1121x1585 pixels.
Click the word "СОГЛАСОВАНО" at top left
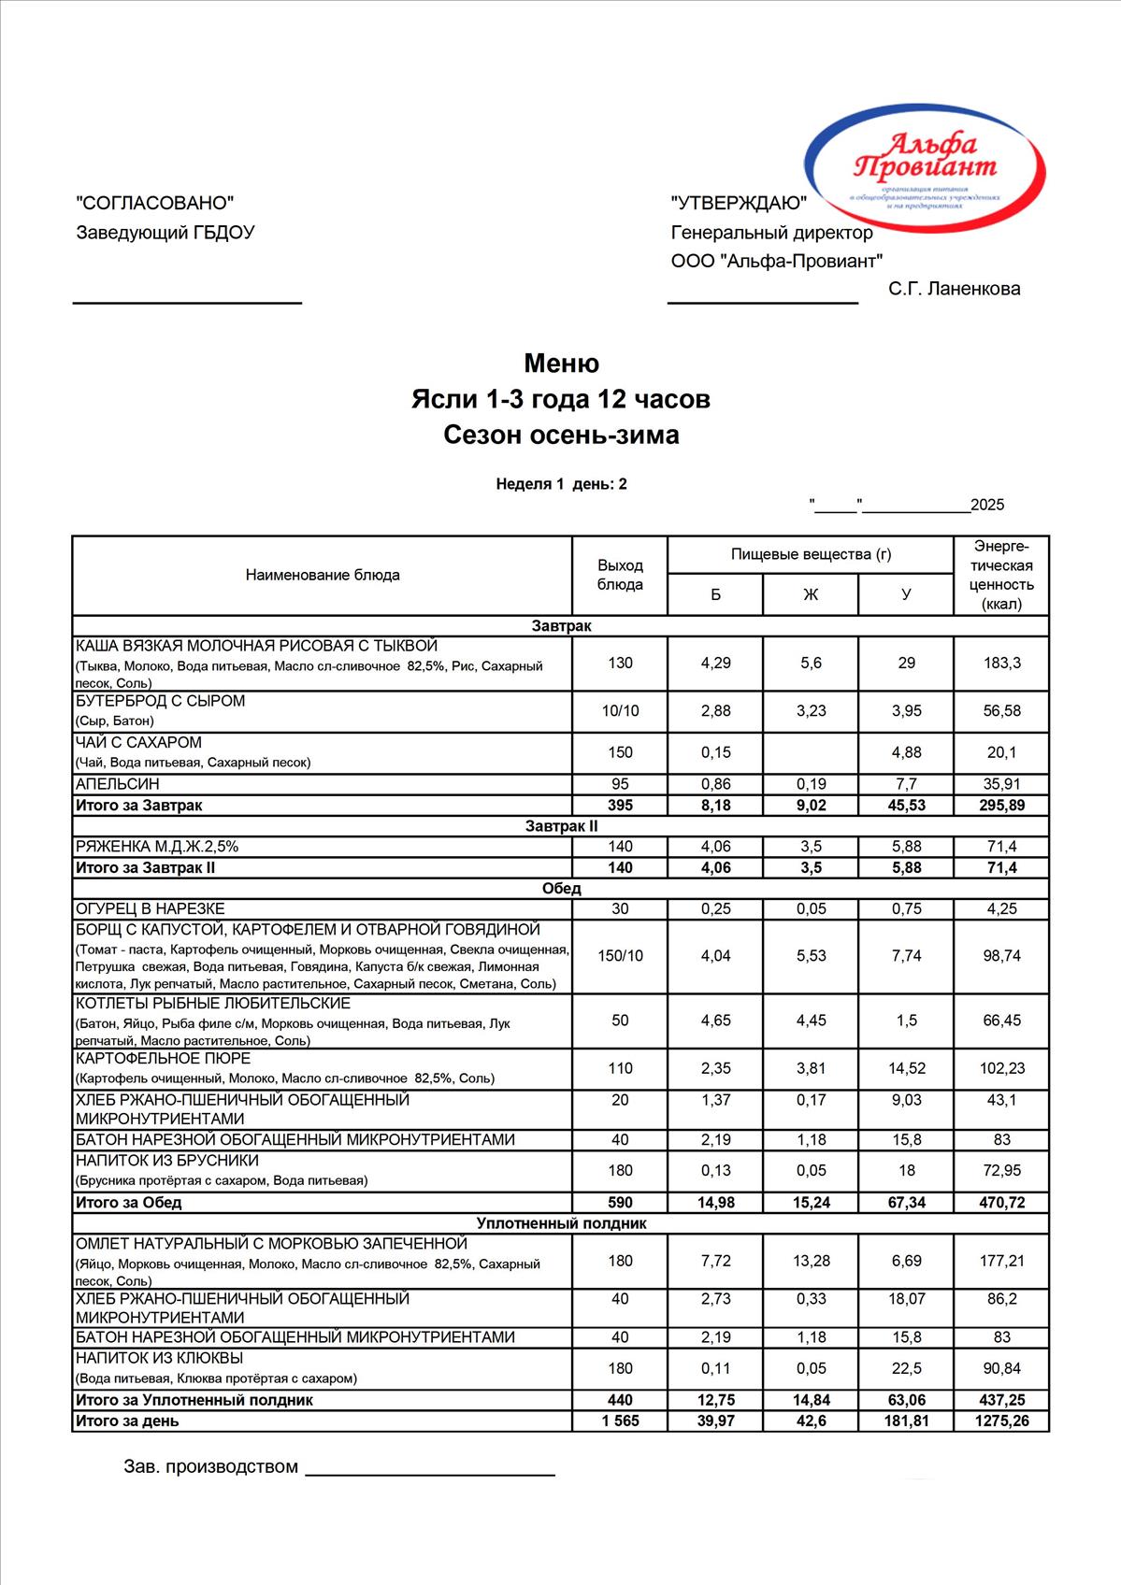point(154,203)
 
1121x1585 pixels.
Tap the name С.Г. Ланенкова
point(954,289)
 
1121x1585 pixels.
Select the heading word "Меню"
point(561,363)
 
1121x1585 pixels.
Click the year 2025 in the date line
point(987,506)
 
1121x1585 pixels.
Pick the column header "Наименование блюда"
point(323,575)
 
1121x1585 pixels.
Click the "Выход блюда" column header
point(620,575)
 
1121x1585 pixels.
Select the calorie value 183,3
point(1001,663)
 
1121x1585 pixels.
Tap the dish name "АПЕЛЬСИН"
point(118,784)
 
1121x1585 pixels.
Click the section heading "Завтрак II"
point(561,826)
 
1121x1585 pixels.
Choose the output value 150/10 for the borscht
point(620,956)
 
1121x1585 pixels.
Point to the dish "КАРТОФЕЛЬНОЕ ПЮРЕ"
point(163,1058)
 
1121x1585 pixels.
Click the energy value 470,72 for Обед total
point(1001,1203)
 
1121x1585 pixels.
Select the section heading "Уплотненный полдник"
point(561,1223)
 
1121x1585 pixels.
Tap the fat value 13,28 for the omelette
point(811,1261)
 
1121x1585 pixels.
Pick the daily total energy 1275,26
point(1001,1421)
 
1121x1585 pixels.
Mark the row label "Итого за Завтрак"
point(138,806)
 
